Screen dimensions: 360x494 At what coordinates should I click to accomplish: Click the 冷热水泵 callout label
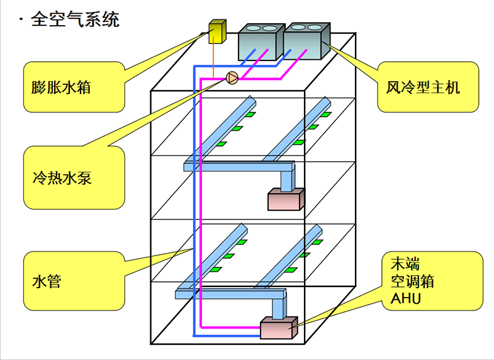click(61, 177)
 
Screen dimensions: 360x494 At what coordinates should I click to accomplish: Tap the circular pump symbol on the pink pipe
click(232, 78)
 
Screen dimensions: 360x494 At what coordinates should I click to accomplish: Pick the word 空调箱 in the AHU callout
click(409, 281)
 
